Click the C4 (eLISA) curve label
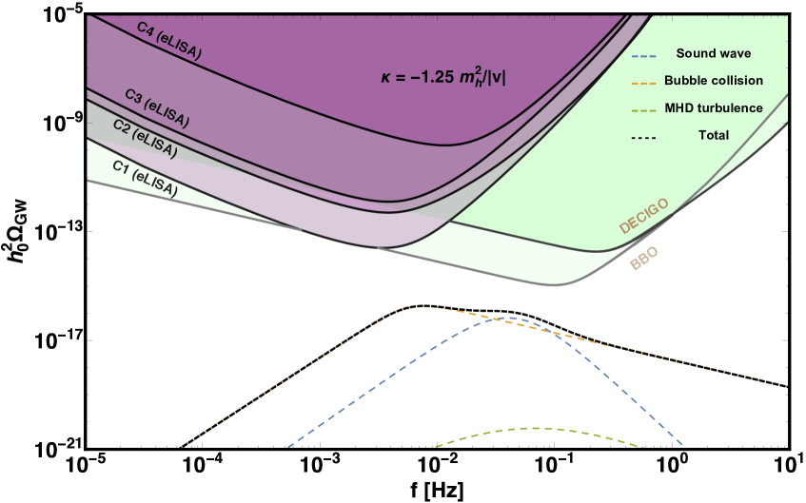(x=168, y=41)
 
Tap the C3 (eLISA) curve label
(x=157, y=107)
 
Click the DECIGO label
(x=644, y=216)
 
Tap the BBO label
(x=644, y=259)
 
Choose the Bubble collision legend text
(x=713, y=82)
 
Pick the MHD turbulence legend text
(x=713, y=108)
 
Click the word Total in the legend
(x=713, y=136)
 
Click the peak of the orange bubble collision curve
(x=424, y=305)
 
